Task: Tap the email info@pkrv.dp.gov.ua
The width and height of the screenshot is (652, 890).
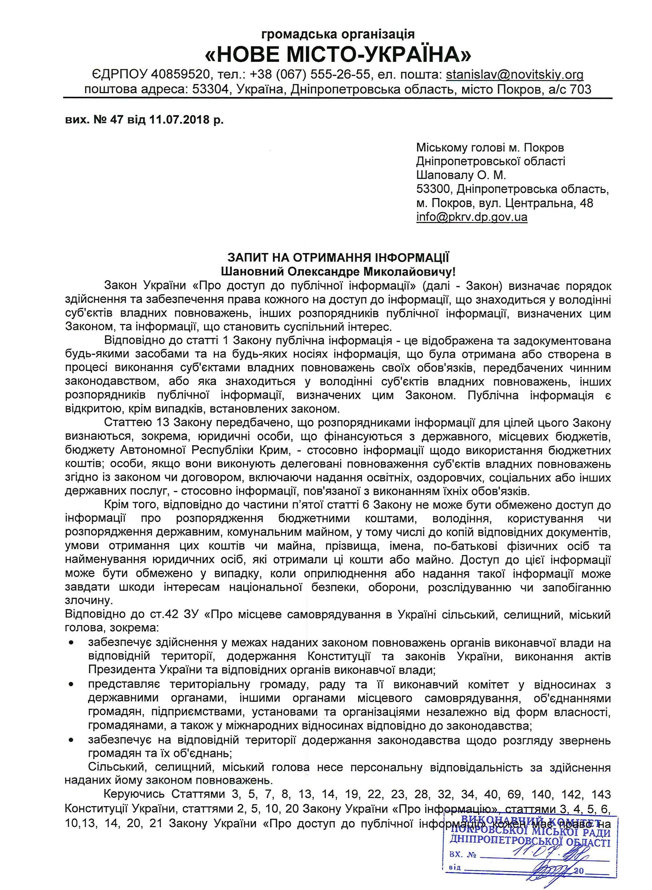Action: click(472, 217)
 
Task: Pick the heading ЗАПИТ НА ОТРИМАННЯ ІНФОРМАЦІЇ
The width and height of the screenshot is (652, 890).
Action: click(338, 257)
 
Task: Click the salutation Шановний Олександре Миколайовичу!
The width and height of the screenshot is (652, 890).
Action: click(338, 272)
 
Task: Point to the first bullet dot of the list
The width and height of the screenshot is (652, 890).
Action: click(71, 643)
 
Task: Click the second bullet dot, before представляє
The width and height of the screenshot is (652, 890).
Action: click(71, 685)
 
